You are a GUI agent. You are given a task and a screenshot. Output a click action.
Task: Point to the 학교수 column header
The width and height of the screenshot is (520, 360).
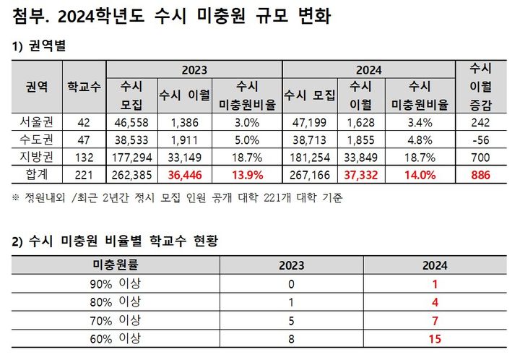pyautogui.click(x=83, y=87)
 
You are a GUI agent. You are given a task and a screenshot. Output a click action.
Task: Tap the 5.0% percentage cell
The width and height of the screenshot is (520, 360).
pyautogui.click(x=248, y=140)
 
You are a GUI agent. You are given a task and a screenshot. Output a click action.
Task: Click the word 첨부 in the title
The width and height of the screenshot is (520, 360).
pyautogui.click(x=27, y=16)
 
